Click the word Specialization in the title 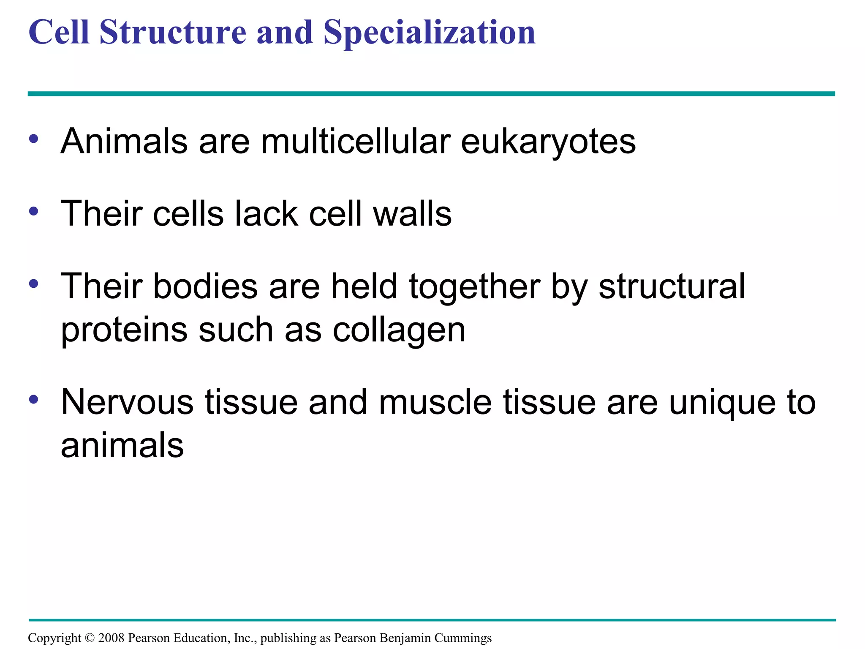[429, 33]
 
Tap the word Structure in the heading [173, 33]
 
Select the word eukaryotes [548, 142]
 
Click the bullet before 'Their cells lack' [34, 211]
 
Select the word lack [266, 214]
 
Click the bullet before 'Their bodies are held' [34, 284]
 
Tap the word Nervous [127, 403]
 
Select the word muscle [435, 403]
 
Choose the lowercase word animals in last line [122, 446]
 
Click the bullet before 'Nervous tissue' [34, 399]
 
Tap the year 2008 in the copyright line [111, 638]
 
